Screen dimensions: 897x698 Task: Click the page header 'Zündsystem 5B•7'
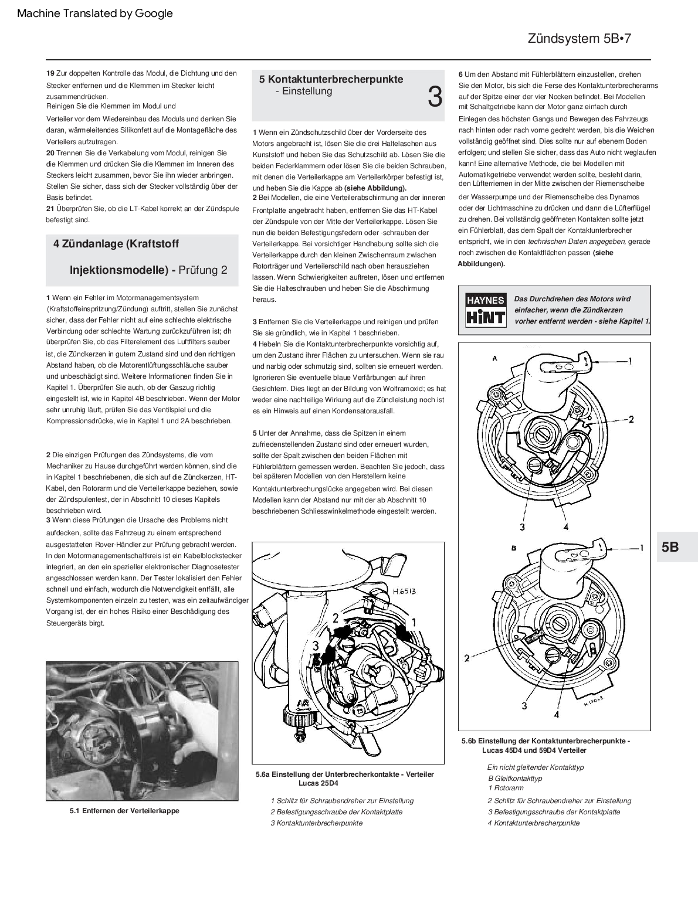(579, 39)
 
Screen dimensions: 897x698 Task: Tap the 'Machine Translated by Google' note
(95, 13)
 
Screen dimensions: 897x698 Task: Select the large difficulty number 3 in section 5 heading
(435, 97)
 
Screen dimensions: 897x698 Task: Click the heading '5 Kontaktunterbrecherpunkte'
(331, 79)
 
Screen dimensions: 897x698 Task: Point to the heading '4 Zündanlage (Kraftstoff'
(116, 244)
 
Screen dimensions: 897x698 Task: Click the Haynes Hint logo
(485, 310)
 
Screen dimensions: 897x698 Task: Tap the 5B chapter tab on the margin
(670, 546)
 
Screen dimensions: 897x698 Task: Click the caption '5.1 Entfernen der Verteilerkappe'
(124, 811)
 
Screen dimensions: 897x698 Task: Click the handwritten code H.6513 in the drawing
(404, 591)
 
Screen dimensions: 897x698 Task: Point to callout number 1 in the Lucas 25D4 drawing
(413, 621)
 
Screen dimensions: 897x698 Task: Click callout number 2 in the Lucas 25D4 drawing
(336, 617)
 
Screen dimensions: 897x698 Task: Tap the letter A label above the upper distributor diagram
(495, 358)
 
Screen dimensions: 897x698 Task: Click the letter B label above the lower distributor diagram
(514, 548)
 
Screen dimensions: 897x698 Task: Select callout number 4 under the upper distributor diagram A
(566, 526)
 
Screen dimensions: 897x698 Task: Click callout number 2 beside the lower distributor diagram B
(467, 658)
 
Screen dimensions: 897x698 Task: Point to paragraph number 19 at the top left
(50, 73)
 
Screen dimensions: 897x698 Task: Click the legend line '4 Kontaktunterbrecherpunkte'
(533, 823)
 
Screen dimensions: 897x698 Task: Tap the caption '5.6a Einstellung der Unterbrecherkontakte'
(345, 774)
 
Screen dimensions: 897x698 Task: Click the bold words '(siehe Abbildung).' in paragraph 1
(375, 188)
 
